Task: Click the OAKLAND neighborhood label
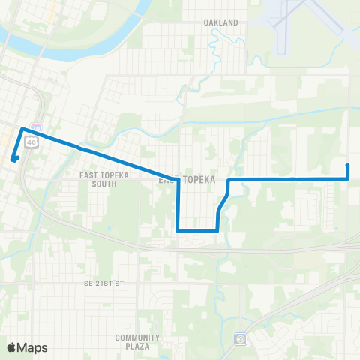[x=220, y=22]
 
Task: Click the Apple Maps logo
[x=27, y=347]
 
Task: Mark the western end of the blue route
[x=13, y=158]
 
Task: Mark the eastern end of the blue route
[x=348, y=165]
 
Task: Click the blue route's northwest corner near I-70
[x=23, y=129]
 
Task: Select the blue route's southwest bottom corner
[x=178, y=230]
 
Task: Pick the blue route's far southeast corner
[x=348, y=178]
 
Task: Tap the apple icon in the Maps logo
[x=12, y=347]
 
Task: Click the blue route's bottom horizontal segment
[x=197, y=230]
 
